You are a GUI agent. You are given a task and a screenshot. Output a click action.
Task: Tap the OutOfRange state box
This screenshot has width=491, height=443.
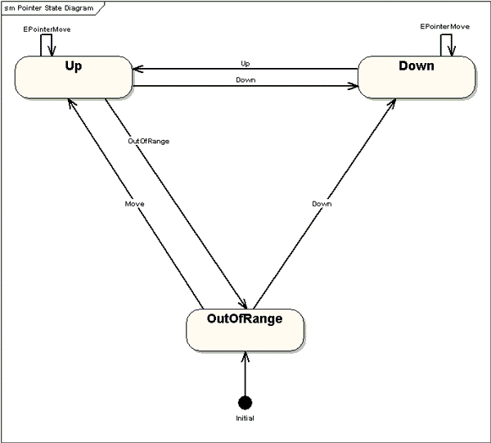click(x=245, y=328)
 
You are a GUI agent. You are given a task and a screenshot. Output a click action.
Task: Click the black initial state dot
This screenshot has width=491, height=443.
click(x=245, y=402)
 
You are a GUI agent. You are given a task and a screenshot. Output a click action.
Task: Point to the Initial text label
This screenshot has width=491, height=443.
click(x=245, y=418)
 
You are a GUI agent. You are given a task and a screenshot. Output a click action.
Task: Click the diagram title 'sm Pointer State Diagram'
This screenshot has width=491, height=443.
click(x=48, y=8)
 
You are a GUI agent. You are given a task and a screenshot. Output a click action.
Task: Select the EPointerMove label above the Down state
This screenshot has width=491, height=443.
click(x=444, y=27)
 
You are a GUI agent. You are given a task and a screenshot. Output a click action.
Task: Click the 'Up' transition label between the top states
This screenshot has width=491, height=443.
click(x=245, y=63)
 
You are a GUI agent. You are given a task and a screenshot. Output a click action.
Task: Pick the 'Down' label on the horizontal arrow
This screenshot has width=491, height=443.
click(x=245, y=80)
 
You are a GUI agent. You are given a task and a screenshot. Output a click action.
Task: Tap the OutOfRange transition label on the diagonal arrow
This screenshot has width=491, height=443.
click(x=149, y=141)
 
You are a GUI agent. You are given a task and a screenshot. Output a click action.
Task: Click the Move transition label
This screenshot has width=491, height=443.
click(x=135, y=202)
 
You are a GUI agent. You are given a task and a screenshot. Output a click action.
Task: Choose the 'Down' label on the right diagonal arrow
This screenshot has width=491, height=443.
click(x=322, y=202)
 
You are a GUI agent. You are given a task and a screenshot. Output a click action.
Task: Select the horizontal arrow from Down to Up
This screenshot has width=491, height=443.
click(x=245, y=70)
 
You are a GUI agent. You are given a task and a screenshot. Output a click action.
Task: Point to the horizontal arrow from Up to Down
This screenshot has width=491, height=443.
click(x=245, y=86)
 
